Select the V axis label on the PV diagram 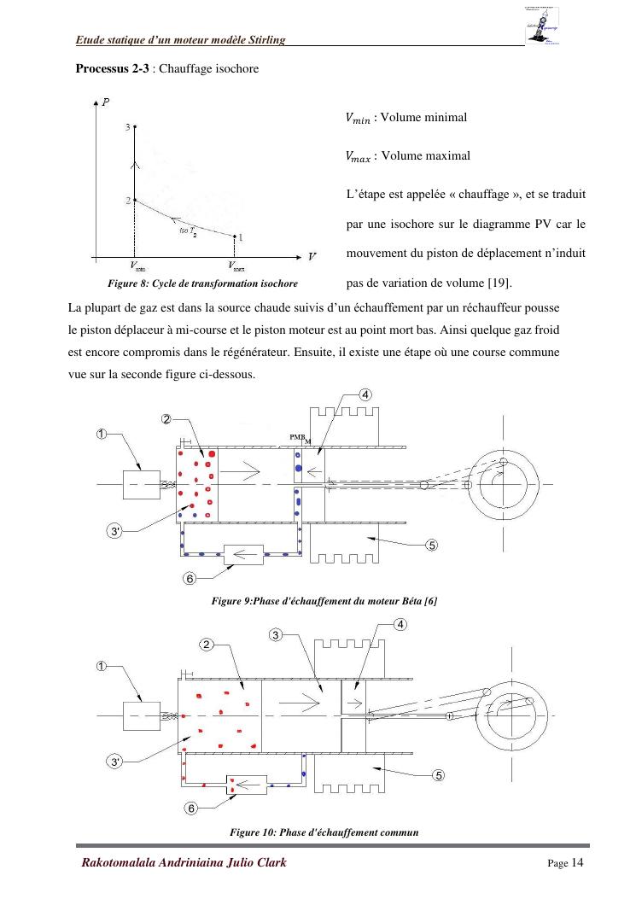tap(312, 255)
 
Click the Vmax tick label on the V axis tap(236, 266)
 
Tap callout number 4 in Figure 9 tap(365, 394)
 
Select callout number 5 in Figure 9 tap(432, 545)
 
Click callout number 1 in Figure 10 tap(102, 667)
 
